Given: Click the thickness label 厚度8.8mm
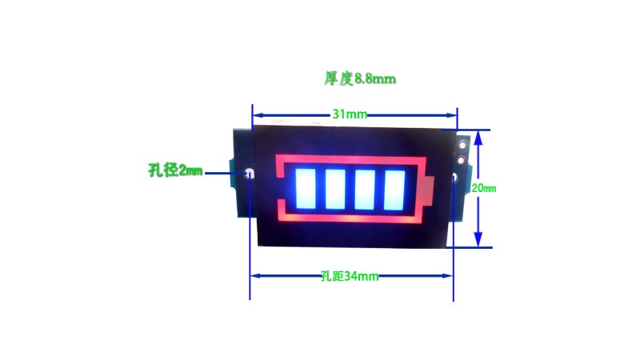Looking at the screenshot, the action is (x=360, y=78).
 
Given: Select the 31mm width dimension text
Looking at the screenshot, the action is (x=350, y=114).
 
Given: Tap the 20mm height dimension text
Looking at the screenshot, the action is (x=484, y=188).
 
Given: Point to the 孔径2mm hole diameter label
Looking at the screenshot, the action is (x=175, y=170).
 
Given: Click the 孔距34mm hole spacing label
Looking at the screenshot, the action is (x=350, y=276).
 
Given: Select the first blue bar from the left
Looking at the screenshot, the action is (x=306, y=189).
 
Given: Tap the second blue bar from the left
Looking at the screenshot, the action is (x=335, y=189).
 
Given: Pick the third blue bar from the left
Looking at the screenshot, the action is (x=365, y=189).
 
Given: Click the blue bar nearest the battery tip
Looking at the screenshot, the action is (x=394, y=190).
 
